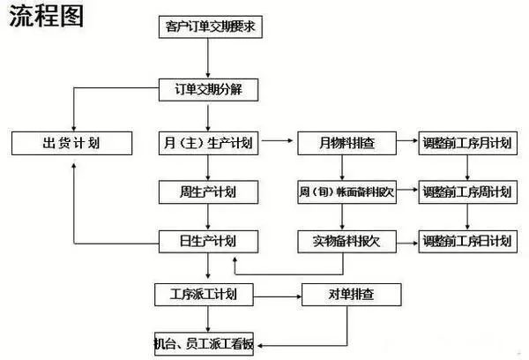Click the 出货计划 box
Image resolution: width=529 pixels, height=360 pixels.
[71, 142]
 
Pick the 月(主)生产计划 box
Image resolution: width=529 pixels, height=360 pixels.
[209, 142]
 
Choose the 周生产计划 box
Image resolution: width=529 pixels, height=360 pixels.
[209, 191]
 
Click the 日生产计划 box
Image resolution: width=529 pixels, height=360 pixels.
[209, 240]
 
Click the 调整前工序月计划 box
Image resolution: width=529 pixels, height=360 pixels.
[466, 142]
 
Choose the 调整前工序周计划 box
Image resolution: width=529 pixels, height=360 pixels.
[466, 191]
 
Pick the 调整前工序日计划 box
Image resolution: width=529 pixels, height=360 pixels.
[466, 240]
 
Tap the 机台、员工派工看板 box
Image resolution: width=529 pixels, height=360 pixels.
[207, 341]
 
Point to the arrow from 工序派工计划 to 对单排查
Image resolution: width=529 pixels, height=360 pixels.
[277, 293]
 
